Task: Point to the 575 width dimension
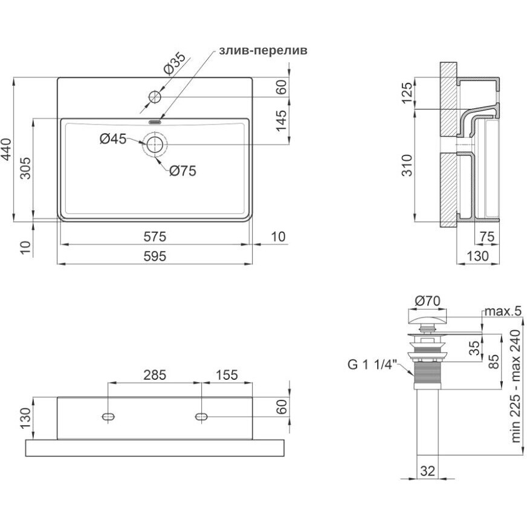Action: click(154, 236)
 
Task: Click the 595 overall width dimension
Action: click(154, 256)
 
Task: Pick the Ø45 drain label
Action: click(113, 139)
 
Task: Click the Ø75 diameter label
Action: click(183, 171)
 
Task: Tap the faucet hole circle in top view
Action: click(155, 96)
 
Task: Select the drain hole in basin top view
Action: click(155, 144)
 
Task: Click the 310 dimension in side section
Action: click(407, 165)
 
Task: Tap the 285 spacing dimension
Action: click(154, 376)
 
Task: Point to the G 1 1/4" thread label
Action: click(371, 365)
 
